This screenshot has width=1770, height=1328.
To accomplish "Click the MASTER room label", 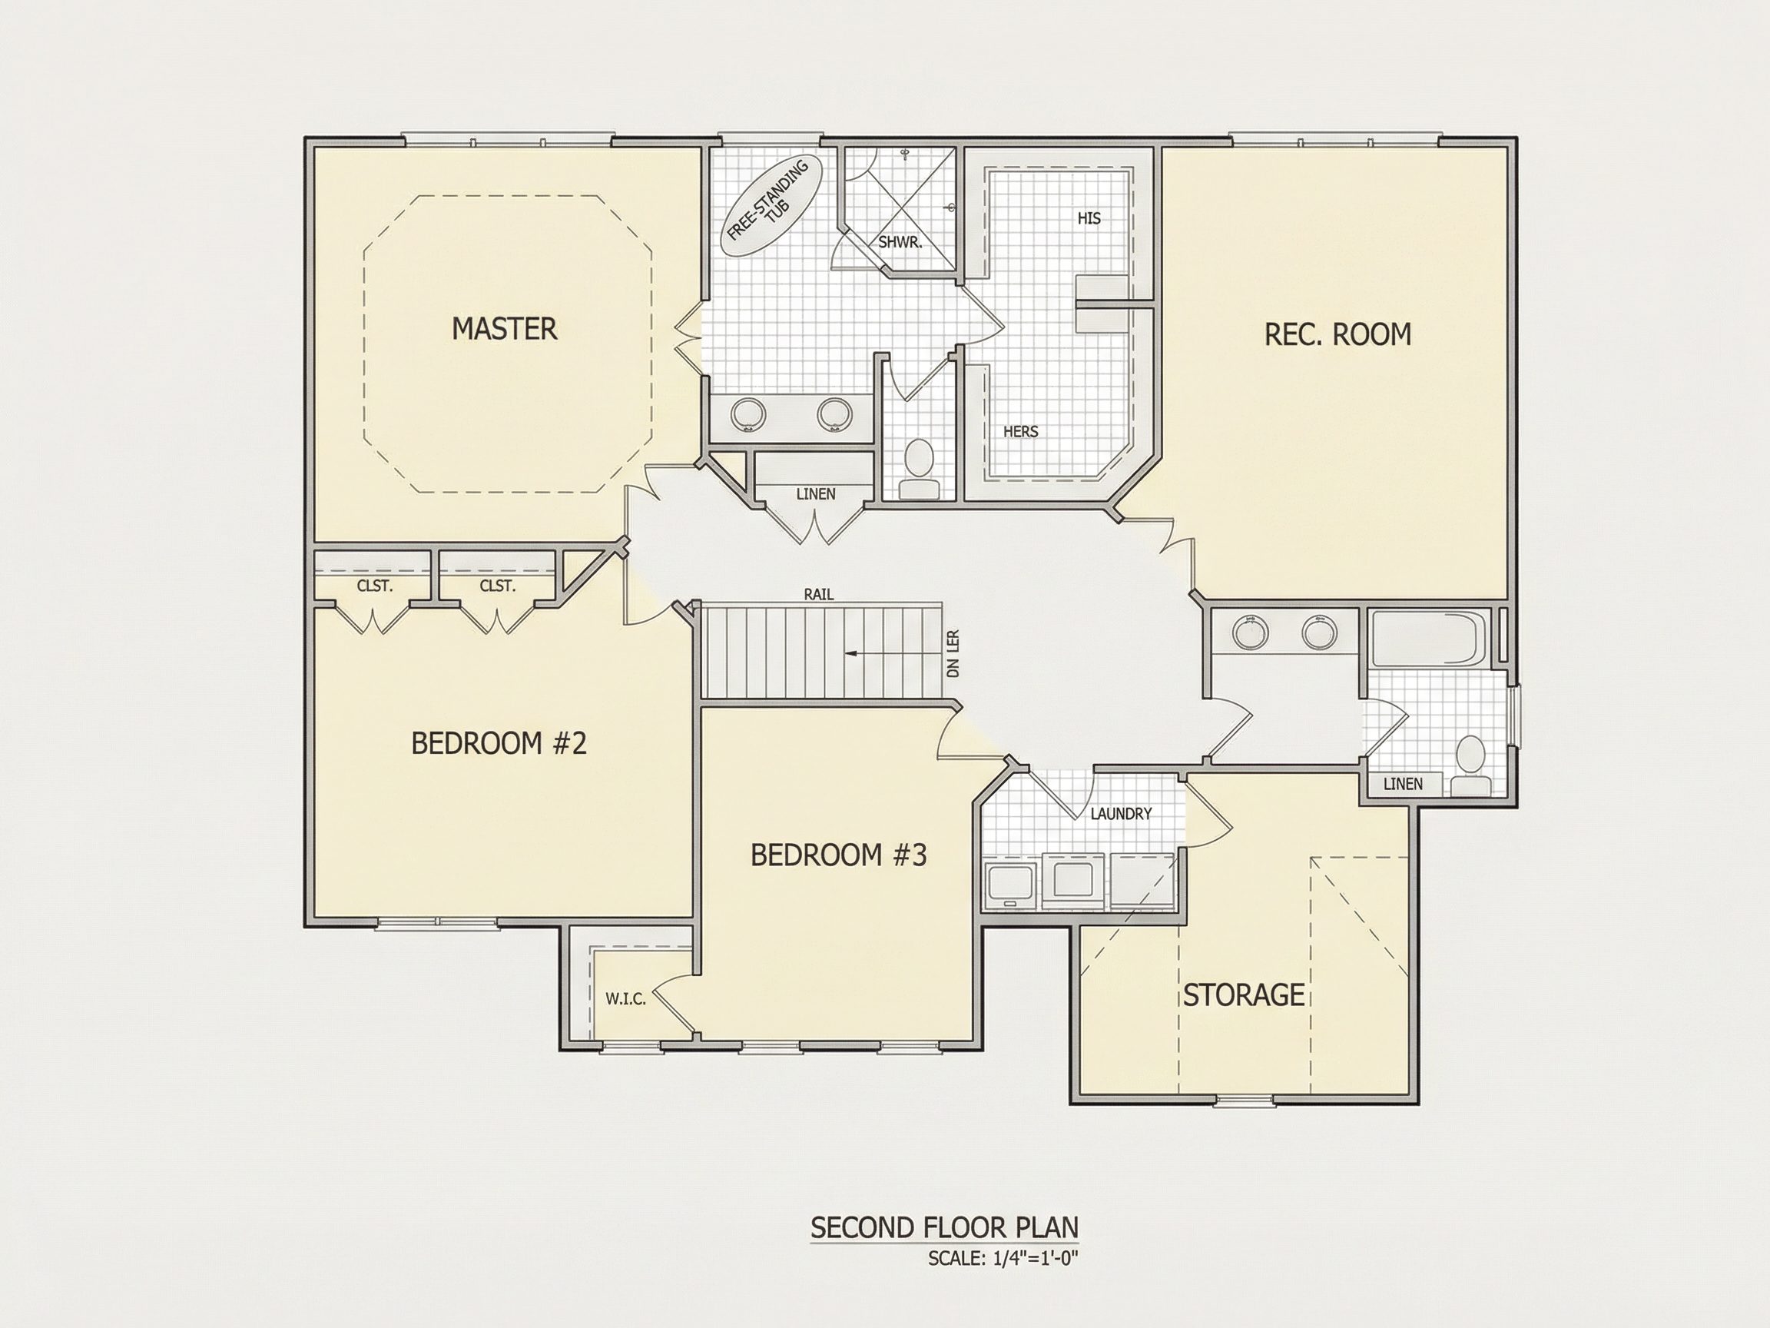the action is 504,329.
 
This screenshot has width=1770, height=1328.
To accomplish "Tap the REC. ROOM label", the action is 1338,334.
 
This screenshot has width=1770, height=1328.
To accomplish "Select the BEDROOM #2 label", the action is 499,744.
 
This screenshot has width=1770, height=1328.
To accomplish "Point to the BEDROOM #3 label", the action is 838,855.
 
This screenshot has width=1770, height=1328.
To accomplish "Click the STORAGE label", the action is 1244,995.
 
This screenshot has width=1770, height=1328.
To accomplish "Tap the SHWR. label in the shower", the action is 900,242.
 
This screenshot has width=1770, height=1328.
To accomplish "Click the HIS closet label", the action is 1089,217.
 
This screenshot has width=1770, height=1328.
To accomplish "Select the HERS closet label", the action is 1020,431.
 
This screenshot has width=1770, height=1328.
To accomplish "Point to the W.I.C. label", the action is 625,999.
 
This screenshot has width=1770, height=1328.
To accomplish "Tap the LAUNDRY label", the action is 1121,813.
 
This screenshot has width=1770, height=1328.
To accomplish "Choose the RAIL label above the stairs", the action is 819,594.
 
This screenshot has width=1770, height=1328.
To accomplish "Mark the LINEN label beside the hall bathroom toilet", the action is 1403,784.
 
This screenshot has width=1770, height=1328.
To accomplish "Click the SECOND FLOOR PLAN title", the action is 944,1227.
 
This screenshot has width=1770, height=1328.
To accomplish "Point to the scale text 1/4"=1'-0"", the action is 1036,1257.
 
